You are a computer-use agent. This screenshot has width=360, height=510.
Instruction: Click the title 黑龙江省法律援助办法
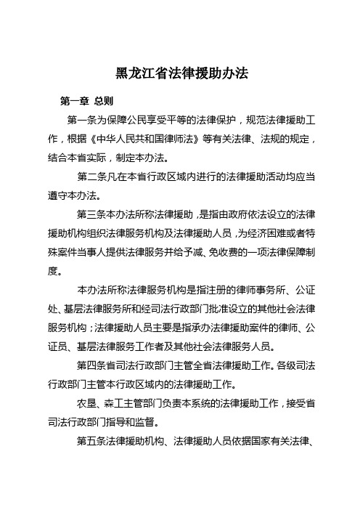click(x=181, y=73)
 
